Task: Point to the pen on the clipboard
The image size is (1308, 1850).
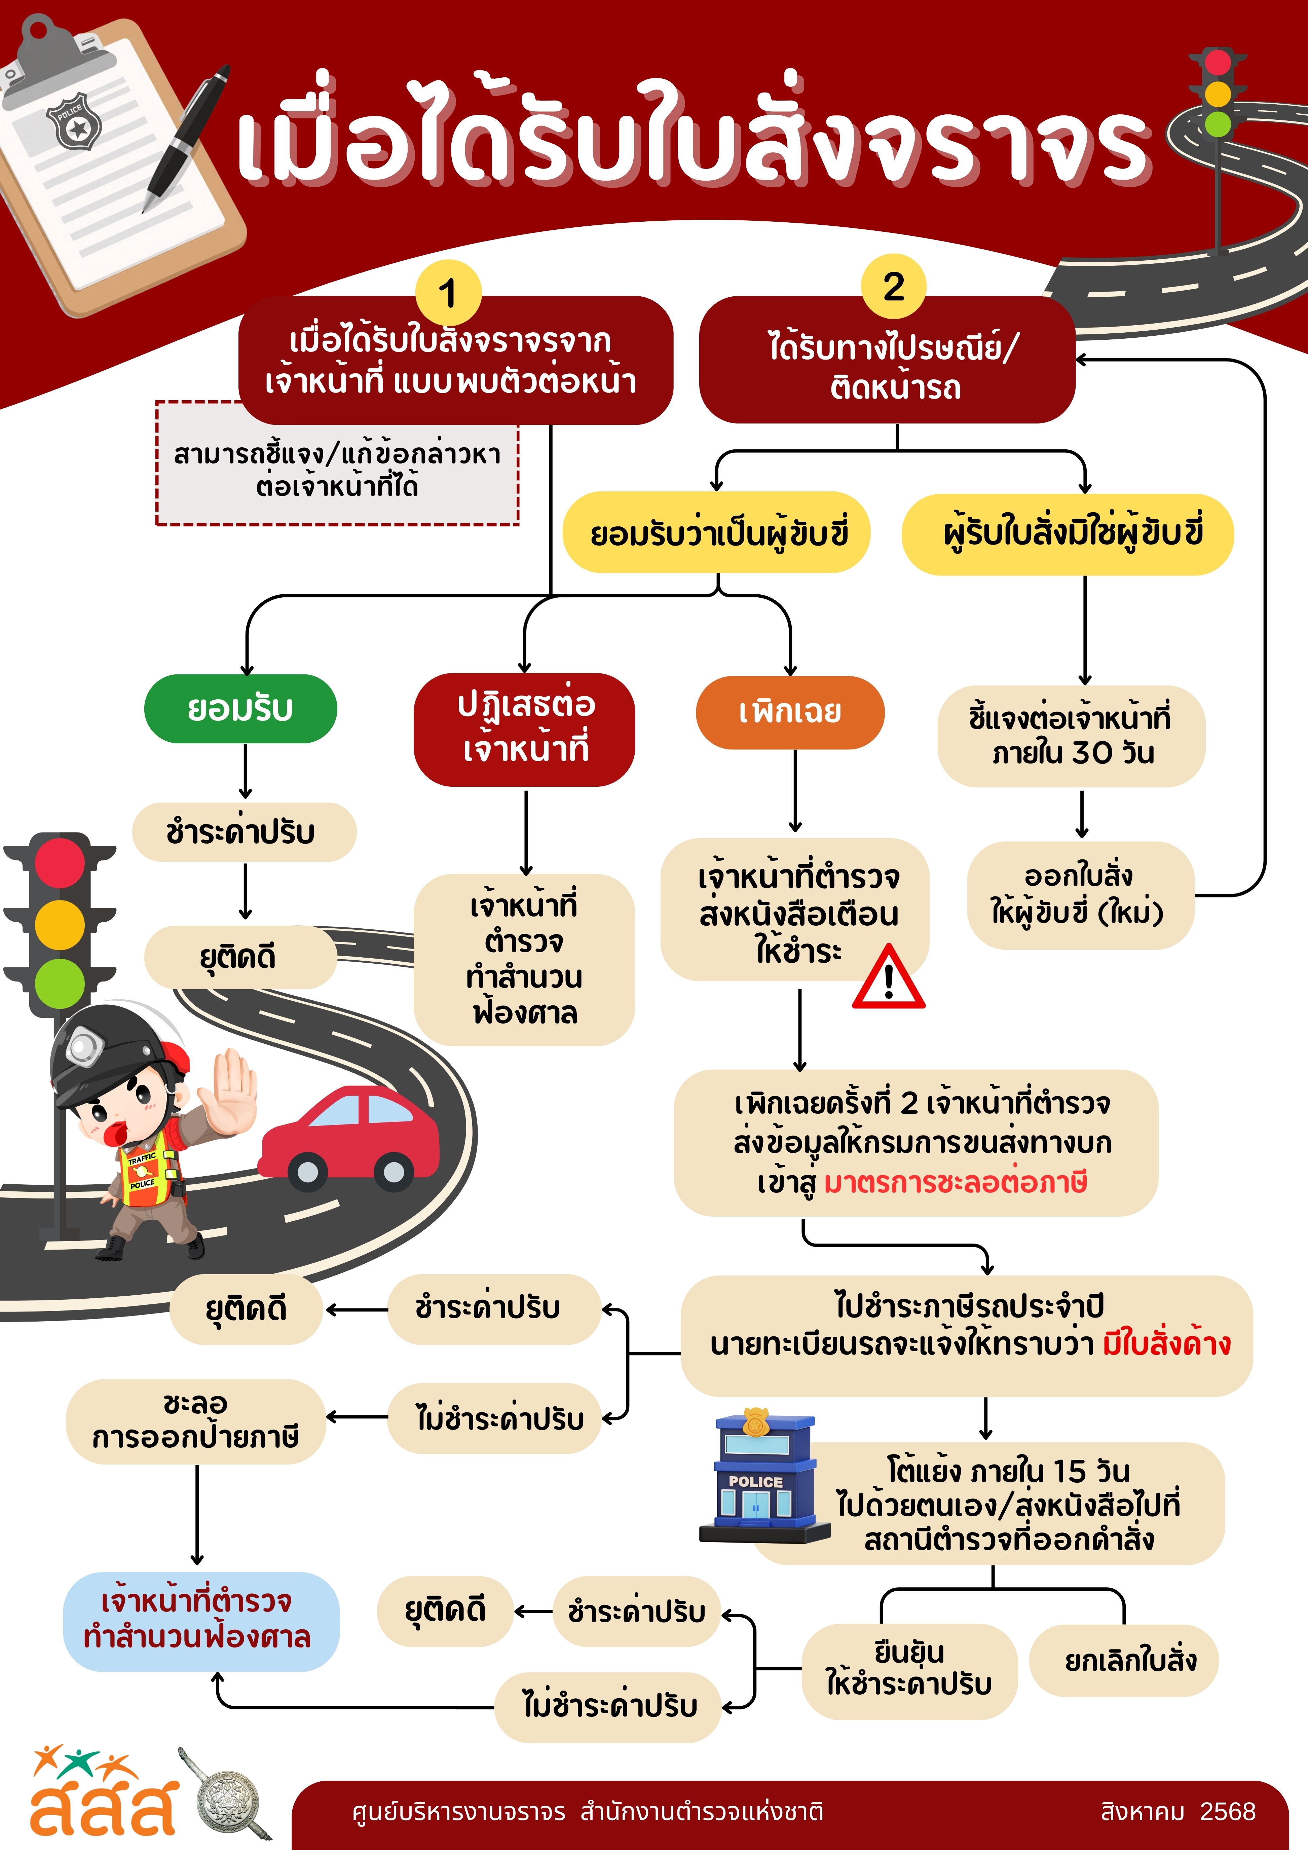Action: pyautogui.click(x=187, y=137)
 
